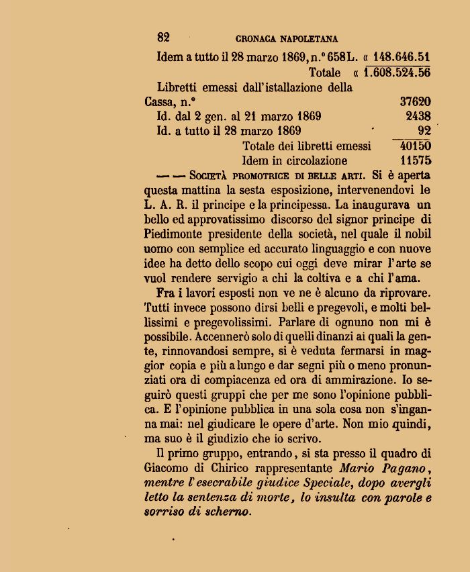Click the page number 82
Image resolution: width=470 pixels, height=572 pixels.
tap(163, 38)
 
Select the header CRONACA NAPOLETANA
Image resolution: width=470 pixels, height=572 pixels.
tap(287, 40)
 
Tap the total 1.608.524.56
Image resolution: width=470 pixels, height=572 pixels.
tap(397, 72)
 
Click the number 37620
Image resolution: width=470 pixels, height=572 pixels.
tap(415, 102)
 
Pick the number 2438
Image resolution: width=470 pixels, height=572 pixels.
tap(418, 116)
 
